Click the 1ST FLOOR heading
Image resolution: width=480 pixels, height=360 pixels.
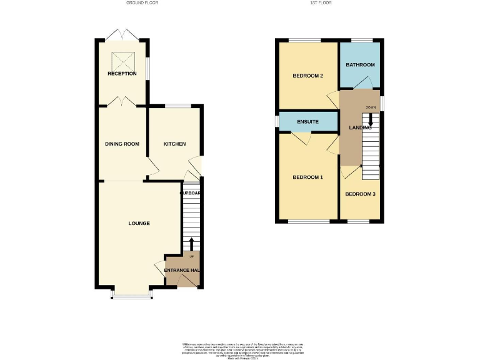point(321,3)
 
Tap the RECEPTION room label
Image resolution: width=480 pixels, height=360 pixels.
point(122,74)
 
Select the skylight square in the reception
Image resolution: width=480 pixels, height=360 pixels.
point(122,61)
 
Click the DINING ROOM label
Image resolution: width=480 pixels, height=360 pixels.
point(122,144)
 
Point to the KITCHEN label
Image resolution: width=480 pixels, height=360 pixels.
point(174,144)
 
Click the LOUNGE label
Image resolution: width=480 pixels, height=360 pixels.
point(139,223)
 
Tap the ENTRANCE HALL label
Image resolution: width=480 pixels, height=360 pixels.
point(182,270)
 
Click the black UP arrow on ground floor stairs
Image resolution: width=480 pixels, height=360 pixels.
point(191,244)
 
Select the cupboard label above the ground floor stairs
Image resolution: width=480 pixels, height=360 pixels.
point(191,193)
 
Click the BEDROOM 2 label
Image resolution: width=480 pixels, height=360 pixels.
point(308,76)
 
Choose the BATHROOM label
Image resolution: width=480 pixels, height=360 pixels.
point(360,65)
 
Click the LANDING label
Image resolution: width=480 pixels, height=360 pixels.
point(360,127)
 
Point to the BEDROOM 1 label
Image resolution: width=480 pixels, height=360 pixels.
point(308,177)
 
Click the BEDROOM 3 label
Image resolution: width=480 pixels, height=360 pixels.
point(360,194)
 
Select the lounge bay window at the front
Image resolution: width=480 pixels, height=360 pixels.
point(131,295)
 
